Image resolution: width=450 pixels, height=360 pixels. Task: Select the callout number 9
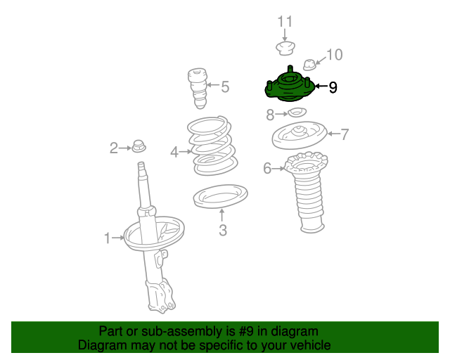coord(333,87)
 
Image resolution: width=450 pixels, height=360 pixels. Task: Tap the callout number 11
coord(285,22)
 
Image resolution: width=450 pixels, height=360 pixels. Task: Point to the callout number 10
coord(335,55)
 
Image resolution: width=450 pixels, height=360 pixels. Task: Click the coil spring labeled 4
coord(212,146)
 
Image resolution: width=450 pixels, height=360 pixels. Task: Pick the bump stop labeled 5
coord(198,88)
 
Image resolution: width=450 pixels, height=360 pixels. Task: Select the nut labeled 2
coord(139,146)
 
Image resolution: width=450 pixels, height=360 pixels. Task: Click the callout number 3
coord(223,230)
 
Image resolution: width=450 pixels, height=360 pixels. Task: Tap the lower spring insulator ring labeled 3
coord(220,196)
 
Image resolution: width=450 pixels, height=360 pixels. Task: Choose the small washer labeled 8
coord(297,112)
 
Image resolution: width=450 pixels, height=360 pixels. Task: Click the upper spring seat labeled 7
coord(300,135)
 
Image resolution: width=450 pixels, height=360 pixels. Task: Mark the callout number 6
coord(267,168)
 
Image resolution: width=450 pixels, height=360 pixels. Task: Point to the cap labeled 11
coord(285,49)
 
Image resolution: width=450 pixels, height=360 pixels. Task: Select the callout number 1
coord(108,238)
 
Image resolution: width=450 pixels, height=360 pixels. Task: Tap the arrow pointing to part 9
coord(321,86)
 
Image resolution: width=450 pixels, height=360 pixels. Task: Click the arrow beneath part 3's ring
coord(221,215)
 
